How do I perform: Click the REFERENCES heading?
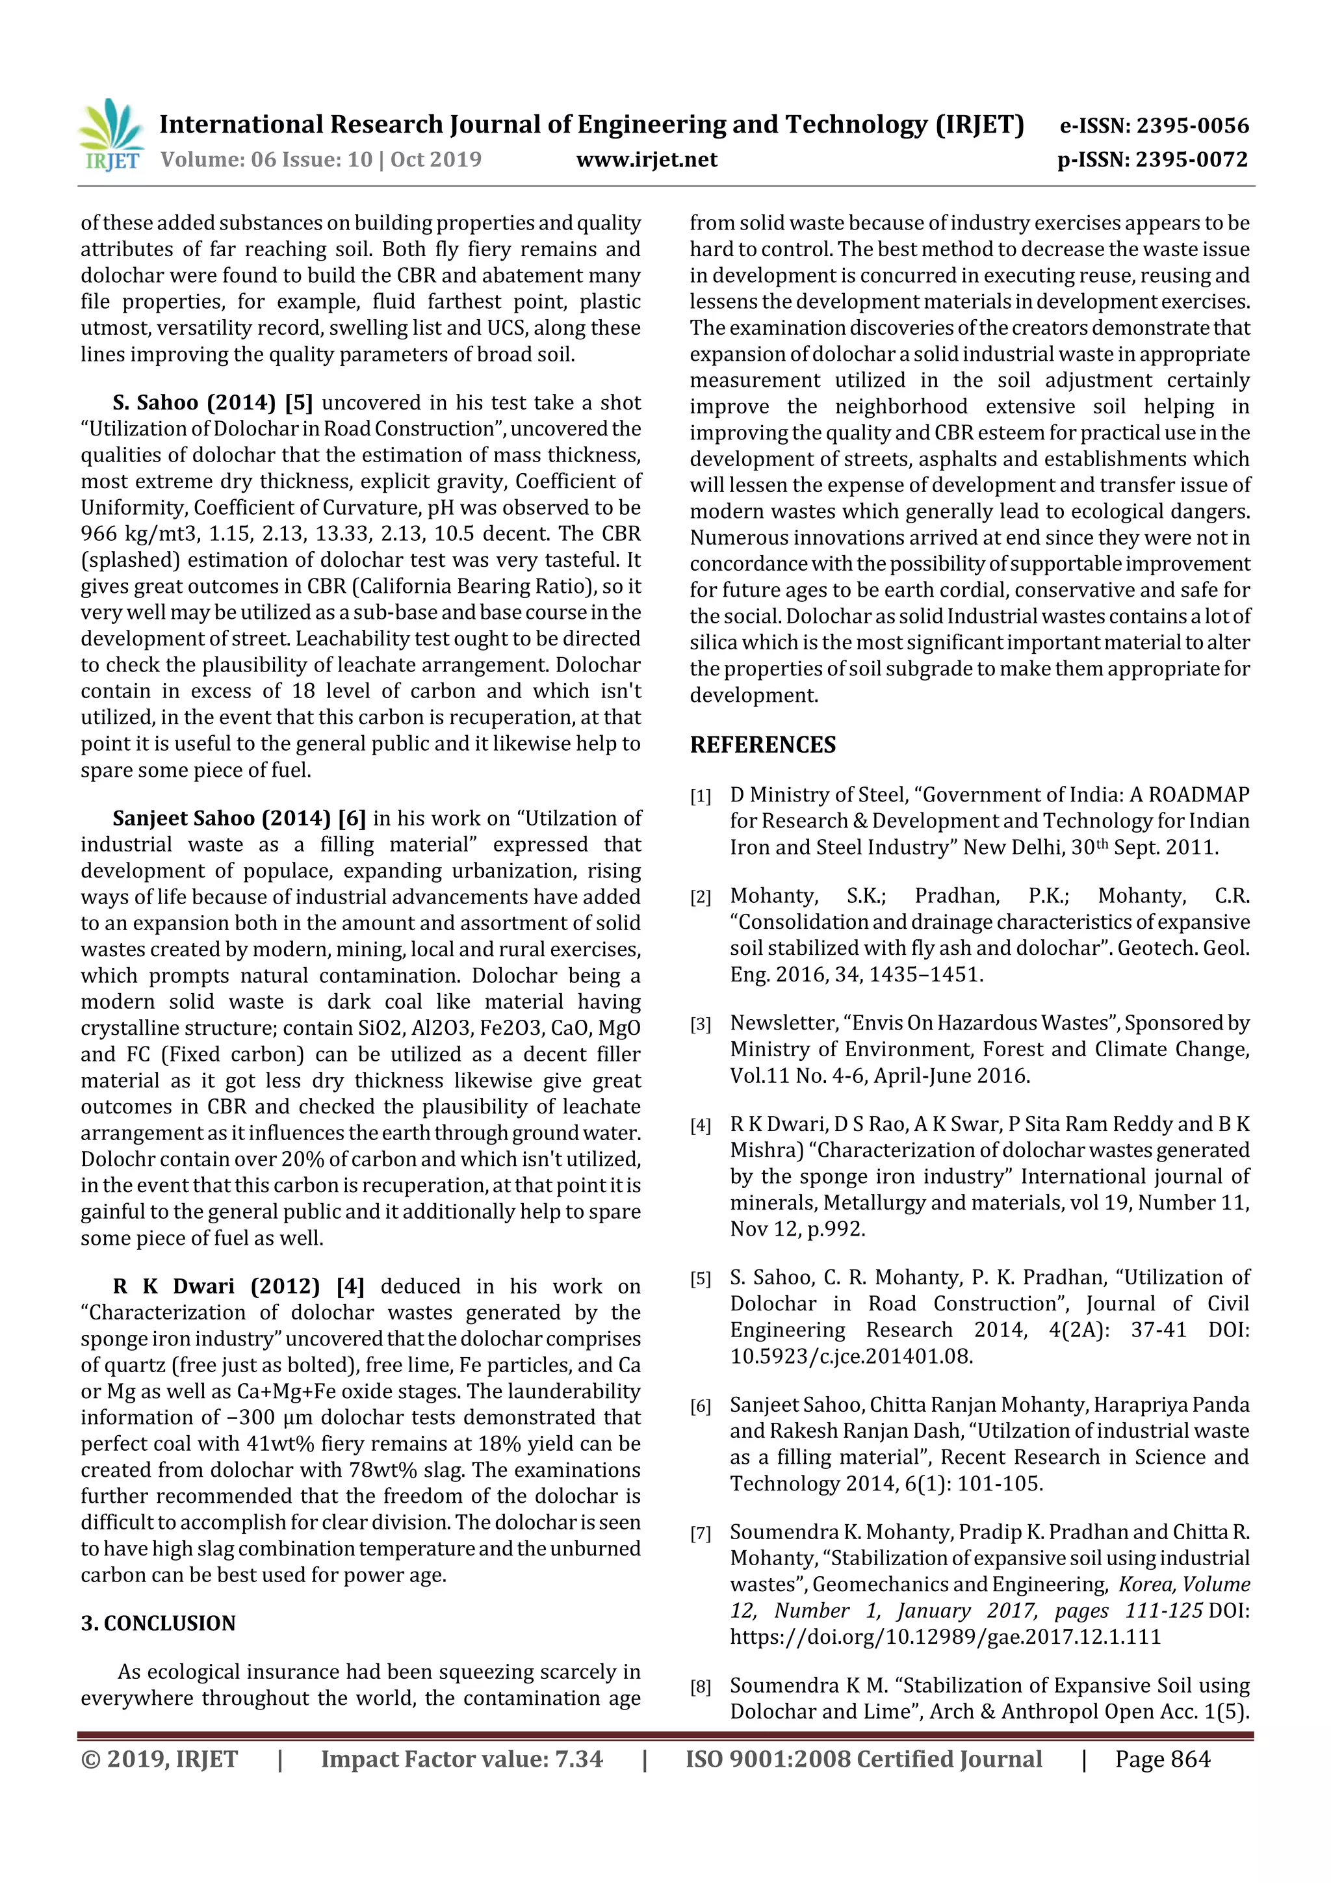(763, 745)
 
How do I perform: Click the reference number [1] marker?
(701, 796)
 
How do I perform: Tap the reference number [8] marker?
(701, 1687)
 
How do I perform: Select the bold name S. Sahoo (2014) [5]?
(213, 403)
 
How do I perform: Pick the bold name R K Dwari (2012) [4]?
(239, 1286)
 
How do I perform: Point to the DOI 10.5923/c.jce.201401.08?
(851, 1356)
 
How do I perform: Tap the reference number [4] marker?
(701, 1126)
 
